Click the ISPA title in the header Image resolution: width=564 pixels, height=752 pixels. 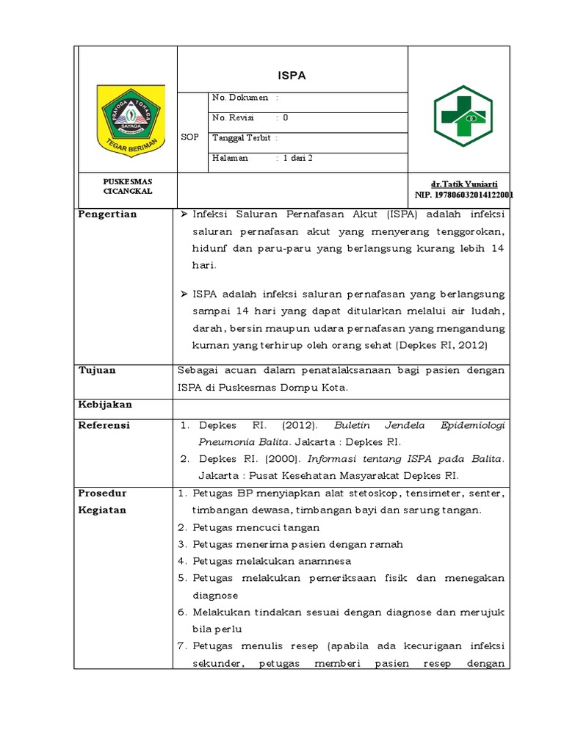pyautogui.click(x=293, y=75)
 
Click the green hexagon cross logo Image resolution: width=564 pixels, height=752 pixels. pyautogui.click(x=458, y=115)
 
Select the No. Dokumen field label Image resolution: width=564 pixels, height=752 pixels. pyautogui.click(x=239, y=98)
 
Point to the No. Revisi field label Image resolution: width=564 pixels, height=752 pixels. pyautogui.click(x=233, y=117)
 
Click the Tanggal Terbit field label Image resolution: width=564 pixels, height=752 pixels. pyautogui.click(x=241, y=137)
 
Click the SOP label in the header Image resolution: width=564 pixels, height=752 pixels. pyautogui.click(x=189, y=137)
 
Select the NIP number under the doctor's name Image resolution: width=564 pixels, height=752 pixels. pyautogui.click(x=463, y=195)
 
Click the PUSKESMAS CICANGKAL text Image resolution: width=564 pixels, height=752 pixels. pyautogui.click(x=128, y=186)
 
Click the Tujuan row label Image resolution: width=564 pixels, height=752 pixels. pyautogui.click(x=97, y=370)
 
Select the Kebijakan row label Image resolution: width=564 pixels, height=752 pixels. pyautogui.click(x=105, y=405)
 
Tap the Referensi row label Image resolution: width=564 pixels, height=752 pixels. pyautogui.click(x=104, y=425)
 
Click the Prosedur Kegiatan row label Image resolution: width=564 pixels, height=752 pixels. pyautogui.click(x=102, y=502)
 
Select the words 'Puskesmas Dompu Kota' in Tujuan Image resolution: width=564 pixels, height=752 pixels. pyautogui.click(x=295, y=388)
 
